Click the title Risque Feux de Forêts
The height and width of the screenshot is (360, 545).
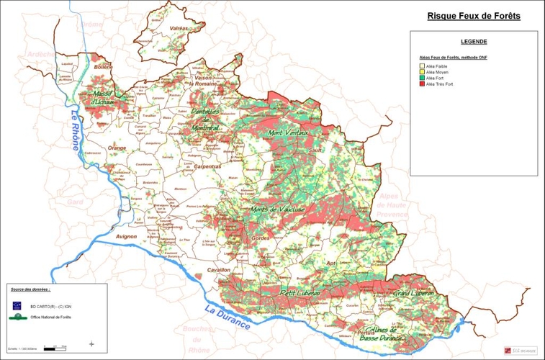473,15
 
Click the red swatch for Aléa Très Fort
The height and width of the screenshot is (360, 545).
423,84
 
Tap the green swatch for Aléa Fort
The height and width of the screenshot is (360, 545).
423,78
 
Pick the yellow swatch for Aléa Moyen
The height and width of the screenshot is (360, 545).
423,72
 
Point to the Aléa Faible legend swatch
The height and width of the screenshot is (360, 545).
423,66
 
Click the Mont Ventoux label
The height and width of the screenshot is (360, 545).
288,133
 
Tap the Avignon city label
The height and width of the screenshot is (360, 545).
125,235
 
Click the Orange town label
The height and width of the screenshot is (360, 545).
117,148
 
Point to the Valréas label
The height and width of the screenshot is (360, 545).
179,28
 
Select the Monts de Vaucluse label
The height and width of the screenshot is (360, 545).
277,210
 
